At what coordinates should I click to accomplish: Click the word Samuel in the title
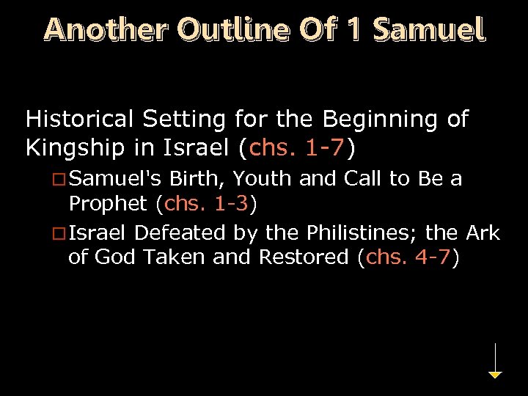click(x=428, y=29)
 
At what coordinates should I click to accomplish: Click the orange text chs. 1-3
click(x=208, y=202)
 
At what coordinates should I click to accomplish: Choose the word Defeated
click(x=180, y=234)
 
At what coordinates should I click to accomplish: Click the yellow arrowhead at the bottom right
click(x=496, y=375)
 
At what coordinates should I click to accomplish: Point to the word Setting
click(x=188, y=119)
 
